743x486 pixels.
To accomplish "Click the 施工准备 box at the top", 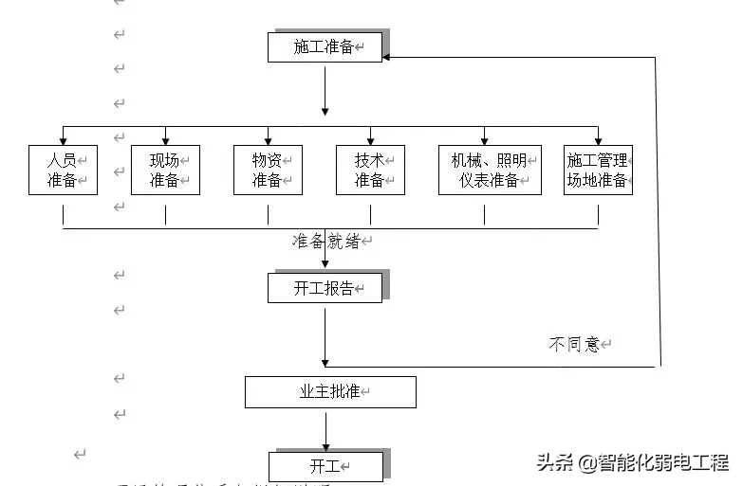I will point(325,47).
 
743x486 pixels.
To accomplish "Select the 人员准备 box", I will point(63,171).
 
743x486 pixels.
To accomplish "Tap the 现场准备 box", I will point(165,171).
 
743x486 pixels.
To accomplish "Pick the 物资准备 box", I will point(268,171).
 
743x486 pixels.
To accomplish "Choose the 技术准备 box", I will point(370,171).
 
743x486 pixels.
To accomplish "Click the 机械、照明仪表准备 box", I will point(490,171).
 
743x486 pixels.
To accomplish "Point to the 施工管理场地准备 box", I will point(598,171).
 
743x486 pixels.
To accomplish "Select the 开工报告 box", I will point(325,288).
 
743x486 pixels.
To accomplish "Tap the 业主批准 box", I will point(330,391).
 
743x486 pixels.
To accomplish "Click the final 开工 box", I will point(325,466).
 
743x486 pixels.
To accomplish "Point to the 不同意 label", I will point(575,344).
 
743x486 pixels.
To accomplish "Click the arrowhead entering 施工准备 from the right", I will point(388,58).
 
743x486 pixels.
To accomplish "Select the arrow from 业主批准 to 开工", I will point(325,430).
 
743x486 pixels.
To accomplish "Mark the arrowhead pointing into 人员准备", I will point(63,140).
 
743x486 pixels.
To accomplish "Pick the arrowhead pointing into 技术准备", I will point(370,140).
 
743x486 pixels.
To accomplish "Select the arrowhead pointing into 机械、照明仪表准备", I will point(484,140).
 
